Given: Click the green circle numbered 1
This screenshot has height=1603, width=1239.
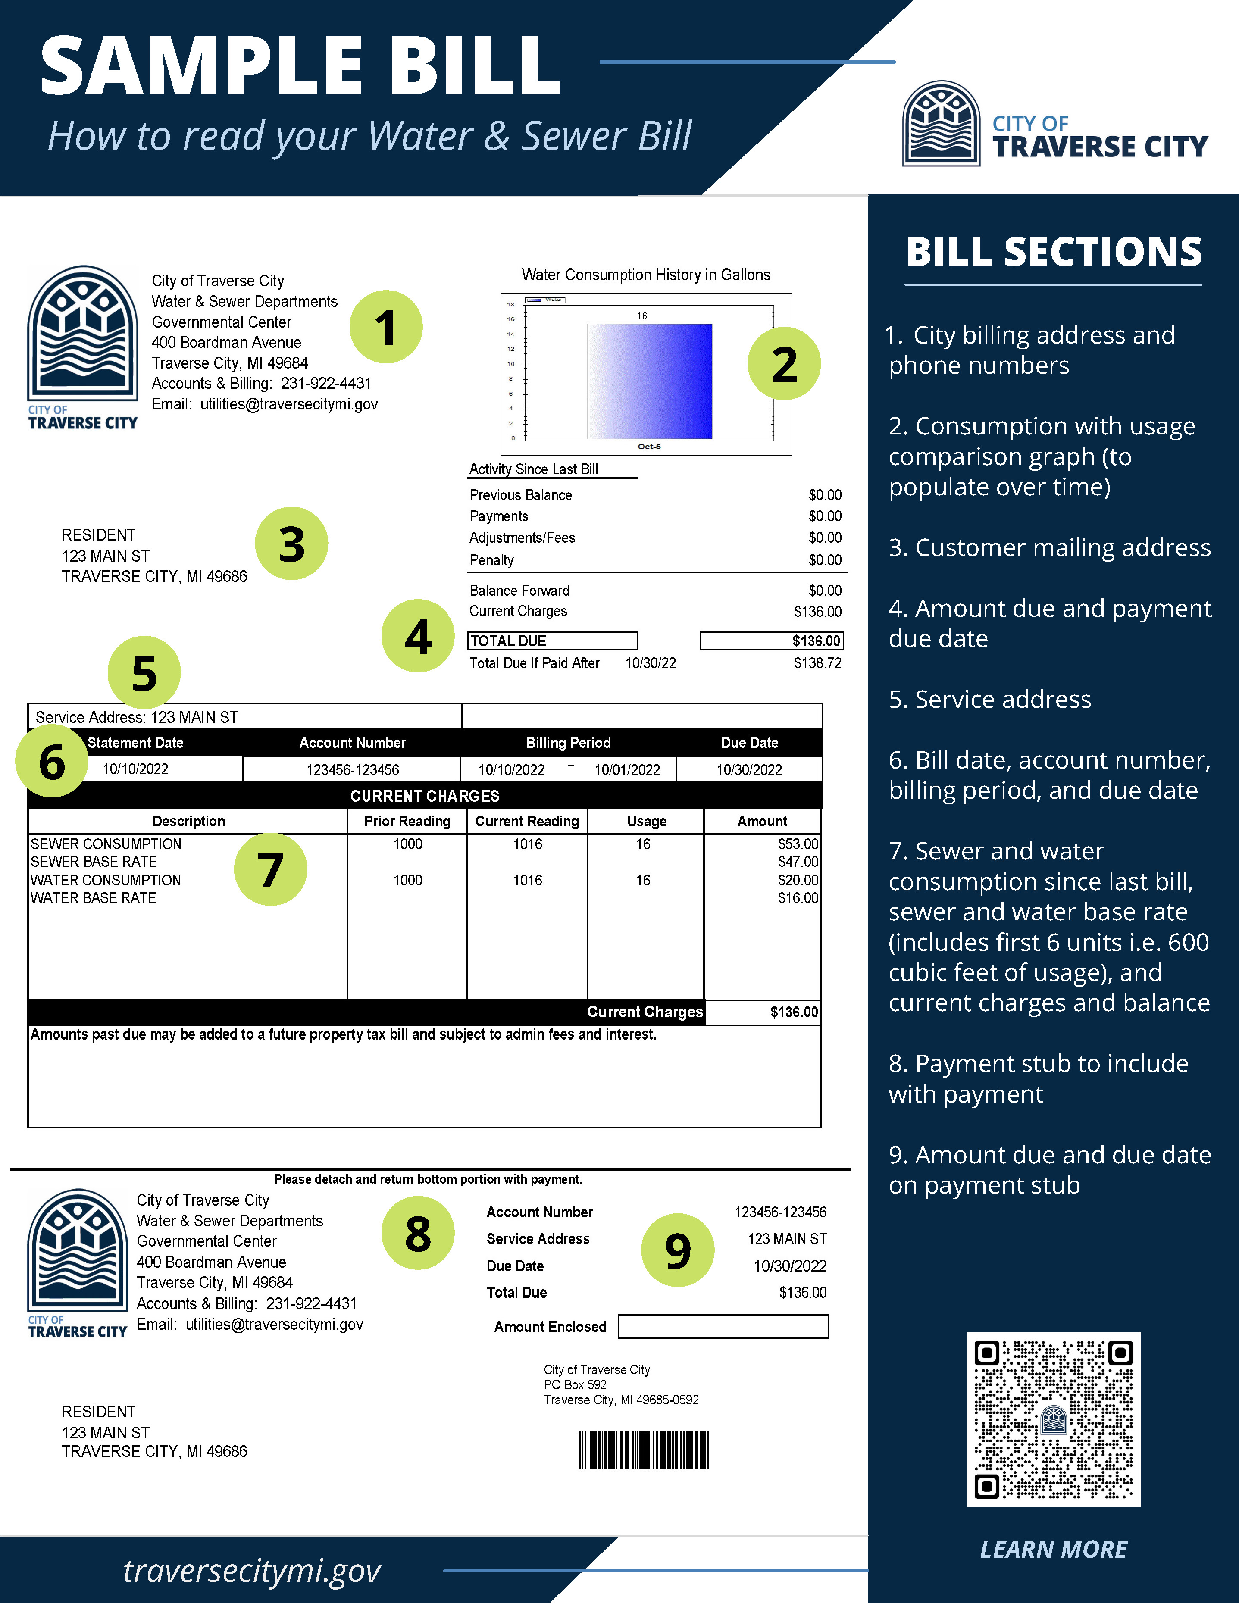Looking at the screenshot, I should pyautogui.click(x=385, y=327).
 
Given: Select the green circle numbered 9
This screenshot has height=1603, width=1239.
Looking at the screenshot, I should pyautogui.click(x=678, y=1250).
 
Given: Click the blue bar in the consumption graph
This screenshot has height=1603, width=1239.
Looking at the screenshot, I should pyautogui.click(x=650, y=381).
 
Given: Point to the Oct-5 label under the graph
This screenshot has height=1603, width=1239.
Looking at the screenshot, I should pyautogui.click(x=649, y=446).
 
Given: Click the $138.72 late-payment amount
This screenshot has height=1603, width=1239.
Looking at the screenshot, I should pyautogui.click(x=817, y=663).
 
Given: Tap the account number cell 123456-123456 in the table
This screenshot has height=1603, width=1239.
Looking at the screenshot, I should pyautogui.click(x=352, y=769).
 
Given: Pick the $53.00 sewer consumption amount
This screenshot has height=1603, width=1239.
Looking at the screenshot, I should pyautogui.click(x=798, y=844).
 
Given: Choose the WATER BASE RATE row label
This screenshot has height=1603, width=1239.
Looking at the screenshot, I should pyautogui.click(x=93, y=898).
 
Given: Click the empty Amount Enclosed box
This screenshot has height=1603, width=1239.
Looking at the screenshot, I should pyautogui.click(x=723, y=1326).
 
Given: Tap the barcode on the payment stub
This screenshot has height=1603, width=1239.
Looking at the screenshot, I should pyautogui.click(x=644, y=1450).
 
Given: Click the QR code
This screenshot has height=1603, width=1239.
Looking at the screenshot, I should pyautogui.click(x=1053, y=1419).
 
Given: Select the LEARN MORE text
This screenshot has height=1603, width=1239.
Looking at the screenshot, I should pyautogui.click(x=1053, y=1549).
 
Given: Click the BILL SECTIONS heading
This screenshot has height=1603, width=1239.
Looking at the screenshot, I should pyautogui.click(x=1053, y=252).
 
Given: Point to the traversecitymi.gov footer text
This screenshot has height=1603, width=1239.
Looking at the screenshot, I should pyautogui.click(x=252, y=1571).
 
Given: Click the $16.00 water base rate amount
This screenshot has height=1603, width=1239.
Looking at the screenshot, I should pyautogui.click(x=798, y=898).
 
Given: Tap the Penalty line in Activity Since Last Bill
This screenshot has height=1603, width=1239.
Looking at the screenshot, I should pyautogui.click(x=492, y=560).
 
